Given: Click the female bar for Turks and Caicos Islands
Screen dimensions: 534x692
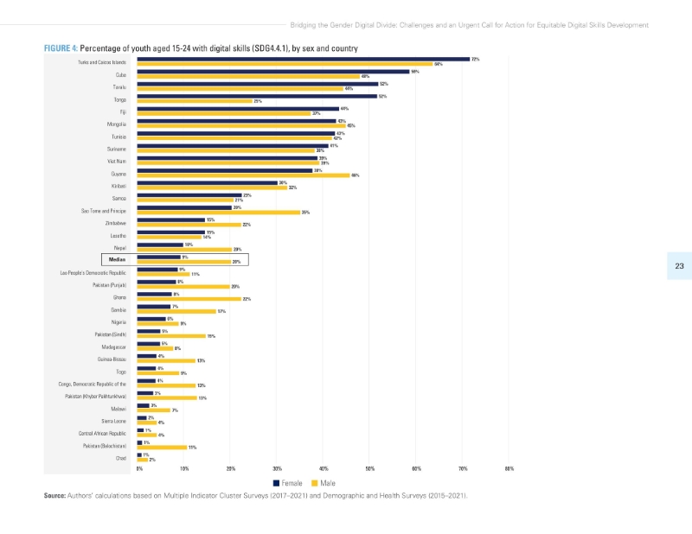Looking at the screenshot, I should coord(303,60).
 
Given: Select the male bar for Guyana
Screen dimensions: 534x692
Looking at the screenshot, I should coord(243,175).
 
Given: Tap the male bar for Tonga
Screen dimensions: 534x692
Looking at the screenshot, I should coord(194,101).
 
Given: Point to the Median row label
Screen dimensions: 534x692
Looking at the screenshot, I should coord(116,258).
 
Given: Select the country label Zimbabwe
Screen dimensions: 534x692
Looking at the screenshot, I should coord(116,223).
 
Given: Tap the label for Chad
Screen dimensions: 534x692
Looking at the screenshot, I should coord(121,458).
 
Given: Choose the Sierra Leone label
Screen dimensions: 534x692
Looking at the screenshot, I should coord(114,421).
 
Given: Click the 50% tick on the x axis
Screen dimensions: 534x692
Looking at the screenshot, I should coord(369,468).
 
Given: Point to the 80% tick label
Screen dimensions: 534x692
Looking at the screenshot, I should coord(509,468).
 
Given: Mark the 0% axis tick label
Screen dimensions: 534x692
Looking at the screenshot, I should coord(138,468).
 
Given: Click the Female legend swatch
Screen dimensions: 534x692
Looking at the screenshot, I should coord(276,483).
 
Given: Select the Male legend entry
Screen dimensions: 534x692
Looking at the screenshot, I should coord(323,483).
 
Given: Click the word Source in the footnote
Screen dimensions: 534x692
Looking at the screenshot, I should coord(54,496).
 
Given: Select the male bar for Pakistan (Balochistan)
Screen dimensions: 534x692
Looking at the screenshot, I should coord(162,448).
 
